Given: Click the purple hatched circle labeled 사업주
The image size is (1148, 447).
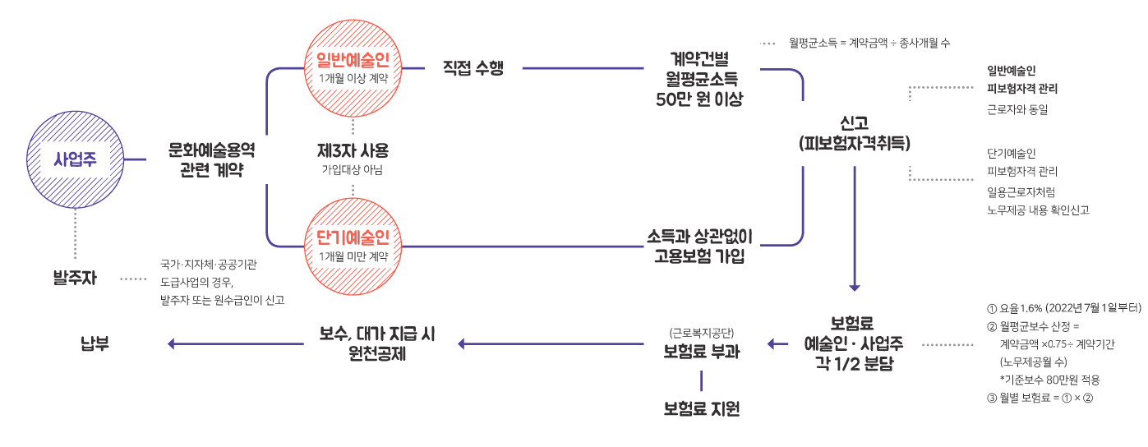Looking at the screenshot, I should (75, 159).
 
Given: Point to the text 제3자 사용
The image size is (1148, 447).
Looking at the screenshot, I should (353, 151).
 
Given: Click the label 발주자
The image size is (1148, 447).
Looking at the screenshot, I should (75, 278).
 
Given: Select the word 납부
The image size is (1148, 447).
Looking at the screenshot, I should (95, 343).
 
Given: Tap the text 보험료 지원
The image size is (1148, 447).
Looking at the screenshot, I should (702, 408).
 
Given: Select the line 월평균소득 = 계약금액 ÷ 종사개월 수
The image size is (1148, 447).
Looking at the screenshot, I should (869, 42).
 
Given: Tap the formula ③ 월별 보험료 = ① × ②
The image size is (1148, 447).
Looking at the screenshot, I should (1039, 398).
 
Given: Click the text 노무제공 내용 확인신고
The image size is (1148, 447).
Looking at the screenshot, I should (1038, 210).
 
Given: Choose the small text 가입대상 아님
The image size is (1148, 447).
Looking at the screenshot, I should (353, 170).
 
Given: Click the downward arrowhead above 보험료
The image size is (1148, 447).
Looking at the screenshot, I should (855, 288).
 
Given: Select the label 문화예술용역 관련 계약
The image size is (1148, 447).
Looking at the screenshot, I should (212, 159).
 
